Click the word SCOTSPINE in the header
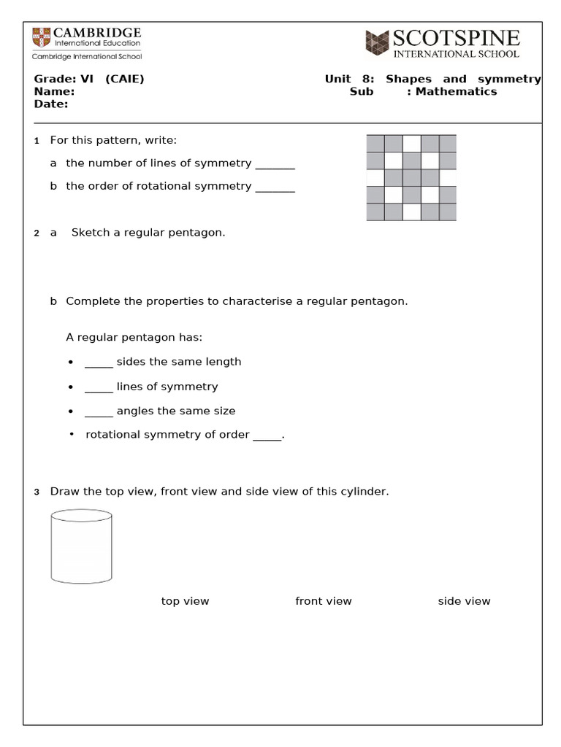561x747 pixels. click(x=457, y=38)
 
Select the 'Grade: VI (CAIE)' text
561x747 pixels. click(x=89, y=79)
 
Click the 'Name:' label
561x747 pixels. click(x=54, y=91)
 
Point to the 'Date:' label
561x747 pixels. click(x=51, y=104)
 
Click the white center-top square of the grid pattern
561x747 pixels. click(x=411, y=143)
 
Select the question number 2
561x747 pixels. click(x=36, y=233)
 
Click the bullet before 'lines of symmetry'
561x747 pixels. click(x=70, y=387)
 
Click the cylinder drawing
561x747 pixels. click(x=81, y=547)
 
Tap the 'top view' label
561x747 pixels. click(x=185, y=601)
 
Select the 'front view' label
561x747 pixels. click(x=323, y=601)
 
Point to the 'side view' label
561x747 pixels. click(x=464, y=601)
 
